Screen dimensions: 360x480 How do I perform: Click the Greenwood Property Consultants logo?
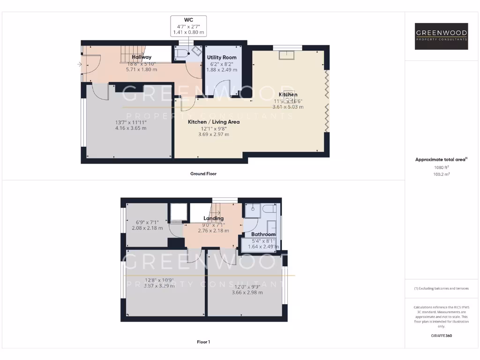[x=441, y=37]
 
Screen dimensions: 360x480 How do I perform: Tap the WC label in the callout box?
[x=188, y=20]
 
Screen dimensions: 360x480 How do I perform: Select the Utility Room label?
[x=222, y=58]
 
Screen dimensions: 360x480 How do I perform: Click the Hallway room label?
[x=141, y=57]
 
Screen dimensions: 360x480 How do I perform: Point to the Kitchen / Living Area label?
[x=214, y=122]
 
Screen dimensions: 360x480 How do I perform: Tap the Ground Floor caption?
[x=203, y=173]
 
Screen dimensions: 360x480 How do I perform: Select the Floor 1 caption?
[x=203, y=342]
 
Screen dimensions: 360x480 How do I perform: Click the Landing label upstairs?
[x=213, y=218]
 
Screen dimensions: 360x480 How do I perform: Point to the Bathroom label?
[x=263, y=234]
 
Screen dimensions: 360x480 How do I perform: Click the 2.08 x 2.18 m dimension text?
[x=147, y=228]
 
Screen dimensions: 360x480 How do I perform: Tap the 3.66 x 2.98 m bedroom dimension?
[x=247, y=292]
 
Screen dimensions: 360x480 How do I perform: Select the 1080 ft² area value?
[x=441, y=167]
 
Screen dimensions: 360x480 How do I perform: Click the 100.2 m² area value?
[x=441, y=174]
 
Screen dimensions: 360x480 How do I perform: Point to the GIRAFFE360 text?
[x=441, y=336]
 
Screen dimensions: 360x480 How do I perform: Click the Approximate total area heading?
[x=441, y=160]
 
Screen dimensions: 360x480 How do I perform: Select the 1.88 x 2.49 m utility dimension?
[x=222, y=70]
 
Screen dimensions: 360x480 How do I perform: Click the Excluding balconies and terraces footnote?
[x=441, y=288]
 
